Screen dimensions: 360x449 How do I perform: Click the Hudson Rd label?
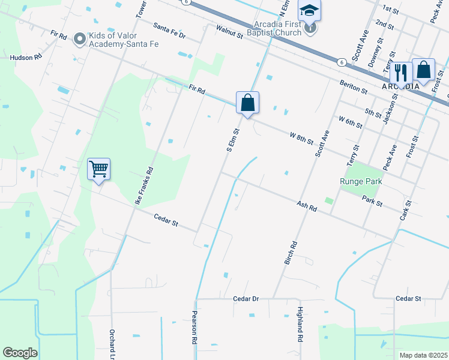pyautogui.click(x=26, y=58)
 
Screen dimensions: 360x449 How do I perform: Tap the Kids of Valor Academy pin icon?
pyautogui.click(x=79, y=40)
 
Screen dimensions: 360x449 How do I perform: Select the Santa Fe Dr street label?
pyautogui.click(x=169, y=31)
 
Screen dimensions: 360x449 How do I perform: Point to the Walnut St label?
pyautogui.click(x=229, y=32)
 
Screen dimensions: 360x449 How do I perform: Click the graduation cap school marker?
pyautogui.click(x=310, y=11)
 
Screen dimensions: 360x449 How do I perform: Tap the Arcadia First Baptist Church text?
pyautogui.click(x=278, y=28)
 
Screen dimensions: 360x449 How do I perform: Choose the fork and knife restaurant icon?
pyautogui.click(x=400, y=73)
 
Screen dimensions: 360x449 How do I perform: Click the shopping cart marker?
pyautogui.click(x=98, y=169)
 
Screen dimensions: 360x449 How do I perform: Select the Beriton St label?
pyautogui.click(x=353, y=86)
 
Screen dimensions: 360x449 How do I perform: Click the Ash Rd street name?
pyautogui.click(x=306, y=206)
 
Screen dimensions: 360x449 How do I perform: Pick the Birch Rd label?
pyautogui.click(x=291, y=254)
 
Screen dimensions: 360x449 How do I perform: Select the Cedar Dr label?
pyautogui.click(x=246, y=298)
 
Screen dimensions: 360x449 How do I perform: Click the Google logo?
pyautogui.click(x=20, y=353)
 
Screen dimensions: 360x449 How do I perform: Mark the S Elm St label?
pyautogui.click(x=233, y=139)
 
